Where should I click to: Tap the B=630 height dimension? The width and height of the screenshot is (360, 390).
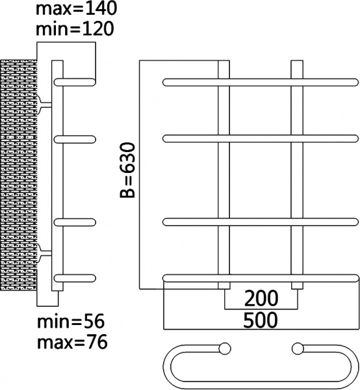click(x=128, y=171)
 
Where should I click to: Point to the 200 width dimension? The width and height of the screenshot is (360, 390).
click(x=261, y=298)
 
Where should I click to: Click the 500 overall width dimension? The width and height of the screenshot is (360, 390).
click(x=261, y=320)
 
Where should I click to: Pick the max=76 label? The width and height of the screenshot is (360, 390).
click(x=71, y=341)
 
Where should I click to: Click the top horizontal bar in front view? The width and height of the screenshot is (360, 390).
click(x=260, y=82)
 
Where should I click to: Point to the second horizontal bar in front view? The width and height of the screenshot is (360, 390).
click(x=260, y=137)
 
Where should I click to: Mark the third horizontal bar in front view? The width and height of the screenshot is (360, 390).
click(x=260, y=222)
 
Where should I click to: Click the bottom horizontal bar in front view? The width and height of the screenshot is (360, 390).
click(x=260, y=278)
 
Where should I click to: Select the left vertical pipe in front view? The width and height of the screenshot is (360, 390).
click(x=223, y=175)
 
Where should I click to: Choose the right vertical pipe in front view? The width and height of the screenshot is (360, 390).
click(x=297, y=175)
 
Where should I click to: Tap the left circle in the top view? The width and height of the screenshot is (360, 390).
click(x=225, y=348)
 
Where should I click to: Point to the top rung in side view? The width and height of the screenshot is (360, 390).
click(x=75, y=82)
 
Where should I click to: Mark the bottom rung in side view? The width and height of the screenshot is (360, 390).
click(x=75, y=278)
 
